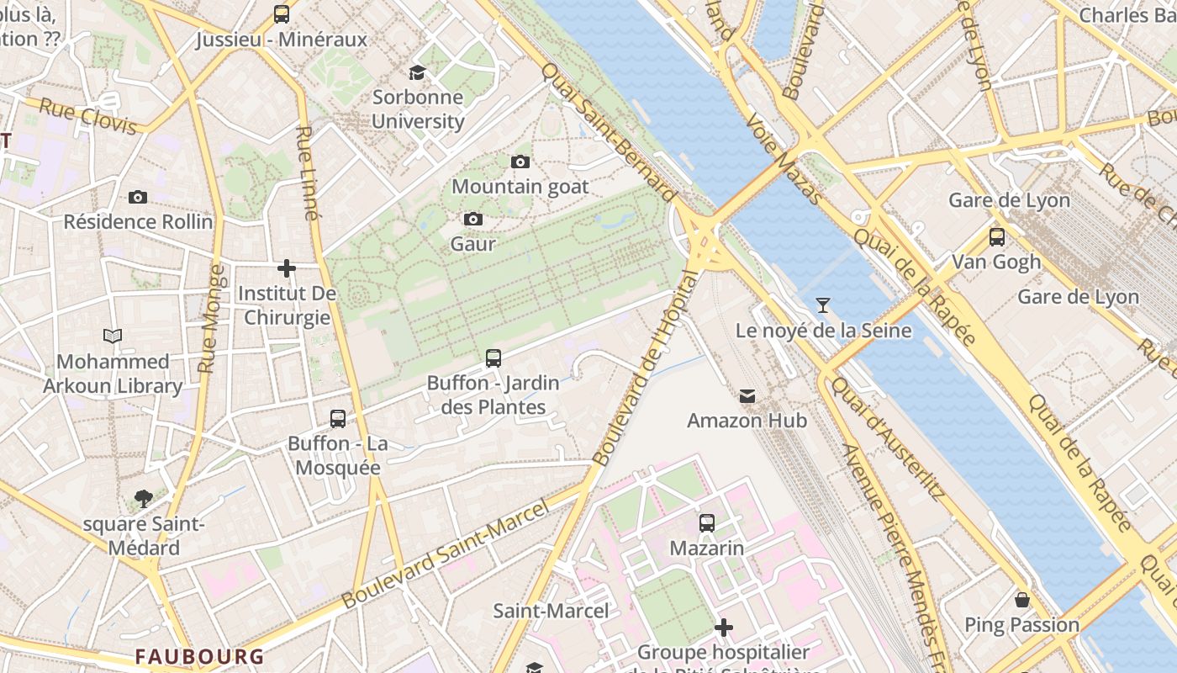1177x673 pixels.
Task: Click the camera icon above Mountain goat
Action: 520,162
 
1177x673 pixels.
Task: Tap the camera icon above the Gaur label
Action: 473,220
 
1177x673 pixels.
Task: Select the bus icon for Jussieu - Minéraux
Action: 282,14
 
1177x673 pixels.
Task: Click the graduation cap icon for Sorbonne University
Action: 417,72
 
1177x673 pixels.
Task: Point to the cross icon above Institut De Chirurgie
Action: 287,268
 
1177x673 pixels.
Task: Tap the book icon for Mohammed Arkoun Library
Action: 113,336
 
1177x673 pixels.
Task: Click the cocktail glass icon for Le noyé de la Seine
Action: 823,305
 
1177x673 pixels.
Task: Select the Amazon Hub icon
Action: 747,396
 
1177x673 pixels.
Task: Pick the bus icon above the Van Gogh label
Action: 996,237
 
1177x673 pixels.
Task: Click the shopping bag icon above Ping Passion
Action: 1022,600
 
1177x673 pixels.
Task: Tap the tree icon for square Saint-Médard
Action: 144,499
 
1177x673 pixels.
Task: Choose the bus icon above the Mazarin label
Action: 706,523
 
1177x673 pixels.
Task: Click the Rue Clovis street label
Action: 87,117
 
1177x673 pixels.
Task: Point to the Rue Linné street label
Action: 309,173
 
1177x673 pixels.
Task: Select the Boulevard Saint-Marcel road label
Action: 445,554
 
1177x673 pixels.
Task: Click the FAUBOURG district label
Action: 200,656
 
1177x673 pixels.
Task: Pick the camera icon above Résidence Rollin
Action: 138,198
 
